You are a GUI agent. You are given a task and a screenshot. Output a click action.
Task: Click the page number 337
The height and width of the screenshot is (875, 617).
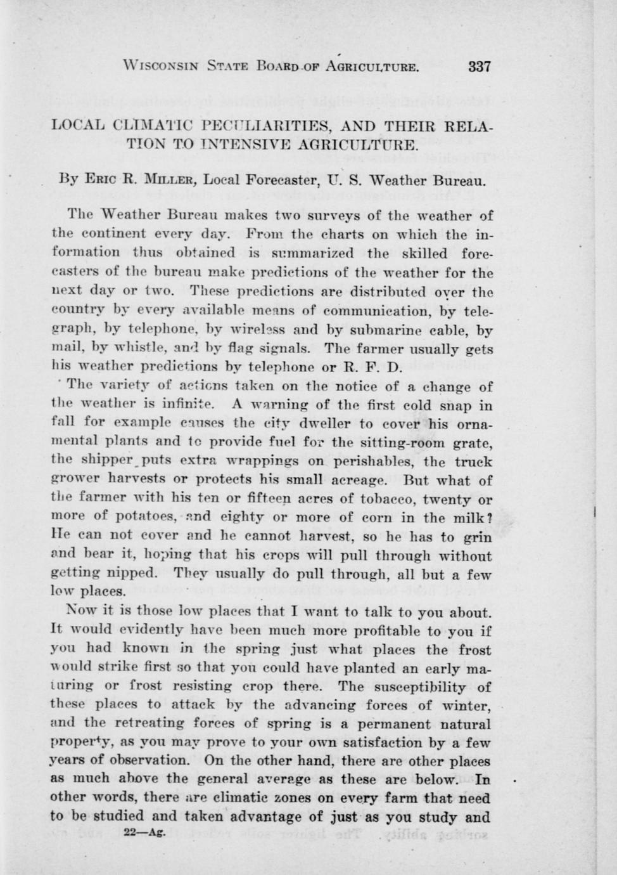(x=480, y=66)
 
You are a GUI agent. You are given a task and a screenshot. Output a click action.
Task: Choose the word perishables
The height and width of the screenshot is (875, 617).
(x=373, y=462)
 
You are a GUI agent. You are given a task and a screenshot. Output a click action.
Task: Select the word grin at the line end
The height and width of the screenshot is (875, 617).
(x=478, y=537)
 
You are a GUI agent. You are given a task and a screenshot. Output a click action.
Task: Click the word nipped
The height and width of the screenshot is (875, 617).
(x=134, y=573)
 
